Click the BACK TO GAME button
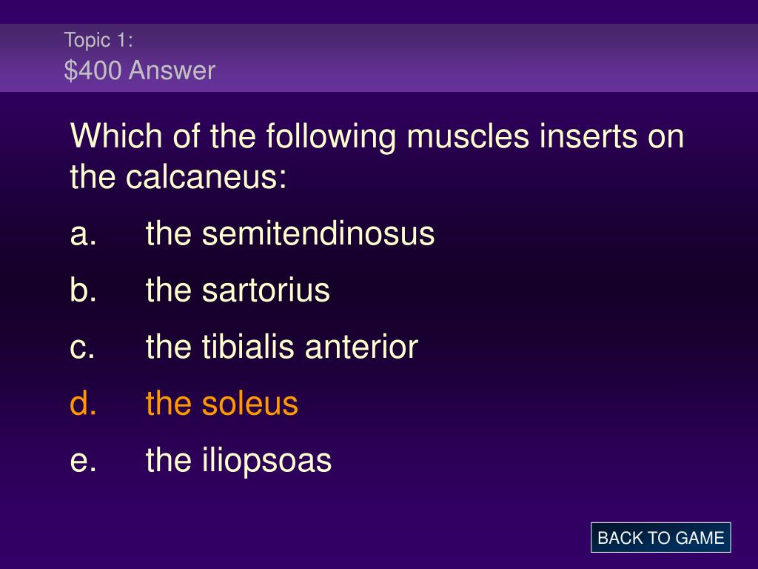[660, 538]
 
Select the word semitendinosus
[318, 233]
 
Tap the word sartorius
[266, 290]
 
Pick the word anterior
[361, 347]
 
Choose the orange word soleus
[250, 403]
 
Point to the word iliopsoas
[266, 460]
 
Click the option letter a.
[83, 234]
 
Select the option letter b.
[83, 290]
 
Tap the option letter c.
[82, 348]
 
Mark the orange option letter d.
[83, 403]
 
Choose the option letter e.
[83, 461]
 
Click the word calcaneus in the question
[207, 176]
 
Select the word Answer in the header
[172, 70]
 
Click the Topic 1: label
[98, 40]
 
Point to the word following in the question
[331, 137]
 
